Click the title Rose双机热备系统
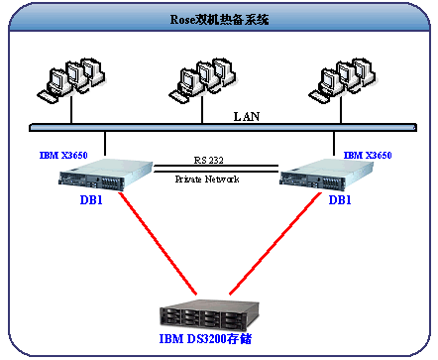pyautogui.click(x=218, y=20)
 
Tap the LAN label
pyautogui.click(x=248, y=115)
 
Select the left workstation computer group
pyautogui.click(x=68, y=76)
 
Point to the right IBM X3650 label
pyautogui.click(x=368, y=156)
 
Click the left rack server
pyautogui.click(x=104, y=177)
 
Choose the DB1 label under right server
pyautogui.click(x=339, y=199)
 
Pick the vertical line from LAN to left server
pyautogui.click(x=104, y=146)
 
